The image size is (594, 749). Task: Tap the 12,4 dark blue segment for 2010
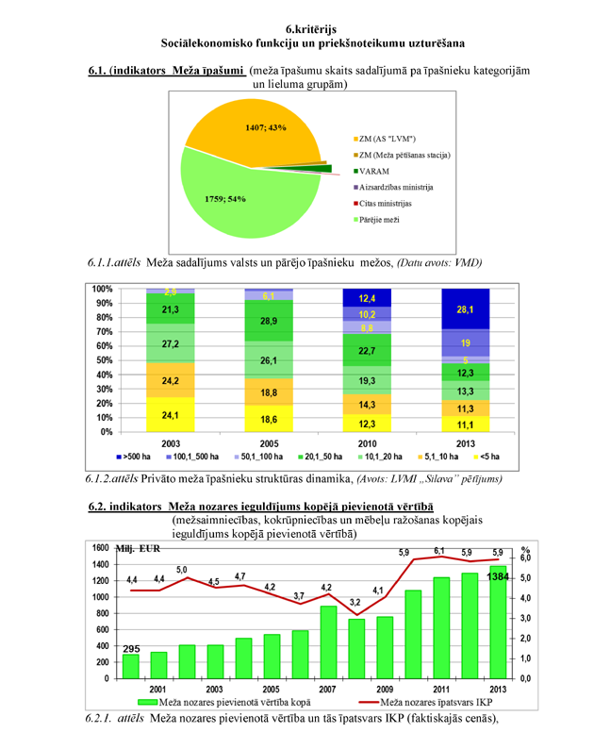click(x=367, y=297)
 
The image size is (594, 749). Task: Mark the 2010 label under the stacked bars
click(x=367, y=442)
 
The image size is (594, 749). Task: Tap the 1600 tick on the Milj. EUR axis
click(x=97, y=547)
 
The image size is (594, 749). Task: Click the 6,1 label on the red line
click(x=438, y=551)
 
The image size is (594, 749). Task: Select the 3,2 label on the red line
click(x=355, y=602)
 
